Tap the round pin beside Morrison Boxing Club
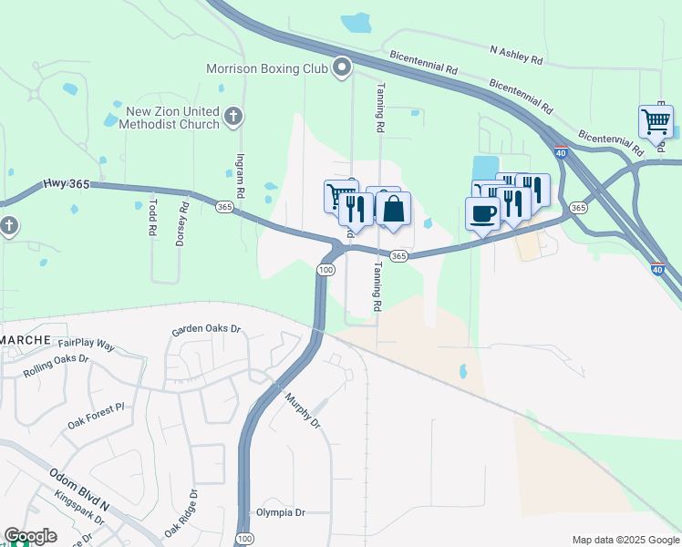(343, 67)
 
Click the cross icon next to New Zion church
(233, 116)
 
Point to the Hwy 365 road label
(66, 184)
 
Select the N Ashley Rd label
(516, 55)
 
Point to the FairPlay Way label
(86, 346)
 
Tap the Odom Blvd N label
(79, 486)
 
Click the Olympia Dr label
(281, 512)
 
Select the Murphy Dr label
(303, 410)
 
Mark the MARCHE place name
(26, 339)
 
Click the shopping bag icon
(394, 208)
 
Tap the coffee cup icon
(482, 213)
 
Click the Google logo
(30, 536)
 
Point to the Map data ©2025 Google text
(625, 540)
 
